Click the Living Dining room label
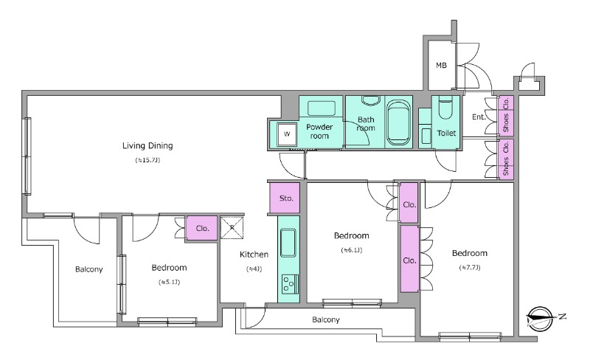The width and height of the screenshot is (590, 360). click(147, 146)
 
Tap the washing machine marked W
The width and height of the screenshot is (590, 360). click(287, 134)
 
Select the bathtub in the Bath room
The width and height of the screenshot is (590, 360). click(399, 122)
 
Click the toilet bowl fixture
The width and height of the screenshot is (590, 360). click(445, 106)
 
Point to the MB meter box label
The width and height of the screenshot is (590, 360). click(441, 66)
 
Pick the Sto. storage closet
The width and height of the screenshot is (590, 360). click(285, 198)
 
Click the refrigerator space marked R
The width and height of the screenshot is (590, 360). click(232, 227)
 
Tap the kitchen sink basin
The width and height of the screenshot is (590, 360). click(288, 243)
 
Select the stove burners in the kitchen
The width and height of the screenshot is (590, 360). click(290, 284)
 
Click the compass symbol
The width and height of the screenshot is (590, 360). click(541, 319)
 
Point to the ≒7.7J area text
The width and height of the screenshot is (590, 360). click(470, 268)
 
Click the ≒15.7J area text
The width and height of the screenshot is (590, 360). click(147, 160)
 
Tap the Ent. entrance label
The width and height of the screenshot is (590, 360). click(479, 117)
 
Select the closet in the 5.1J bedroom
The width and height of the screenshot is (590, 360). click(202, 228)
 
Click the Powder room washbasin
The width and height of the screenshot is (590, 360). click(322, 108)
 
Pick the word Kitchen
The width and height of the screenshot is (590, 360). click(254, 255)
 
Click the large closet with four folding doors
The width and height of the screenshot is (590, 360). click(409, 259)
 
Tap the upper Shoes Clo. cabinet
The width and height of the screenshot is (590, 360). click(506, 115)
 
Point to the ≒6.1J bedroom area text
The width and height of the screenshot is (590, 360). click(352, 250)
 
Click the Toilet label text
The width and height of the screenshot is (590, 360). click(446, 133)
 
